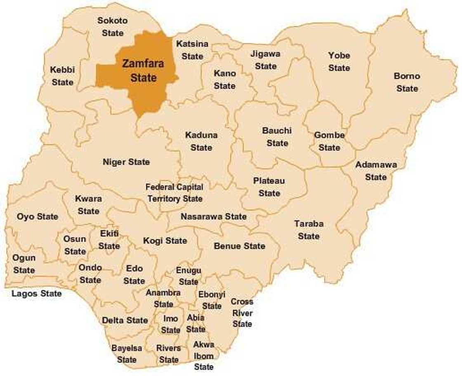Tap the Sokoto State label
(x=113, y=26)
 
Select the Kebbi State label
(x=62, y=76)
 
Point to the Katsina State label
(x=192, y=50)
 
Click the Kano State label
(x=225, y=80)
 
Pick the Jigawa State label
(x=265, y=60)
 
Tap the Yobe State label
(x=339, y=61)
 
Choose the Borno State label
(x=407, y=82)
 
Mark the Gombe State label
(x=329, y=141)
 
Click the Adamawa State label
(x=376, y=171)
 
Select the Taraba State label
(x=309, y=230)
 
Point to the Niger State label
(x=126, y=162)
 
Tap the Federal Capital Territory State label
(x=175, y=193)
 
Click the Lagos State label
(x=37, y=294)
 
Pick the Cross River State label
(x=242, y=313)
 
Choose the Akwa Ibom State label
(x=204, y=355)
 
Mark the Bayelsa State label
(x=127, y=354)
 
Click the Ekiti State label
(x=109, y=240)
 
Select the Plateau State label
(x=269, y=187)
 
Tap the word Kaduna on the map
(x=201, y=135)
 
